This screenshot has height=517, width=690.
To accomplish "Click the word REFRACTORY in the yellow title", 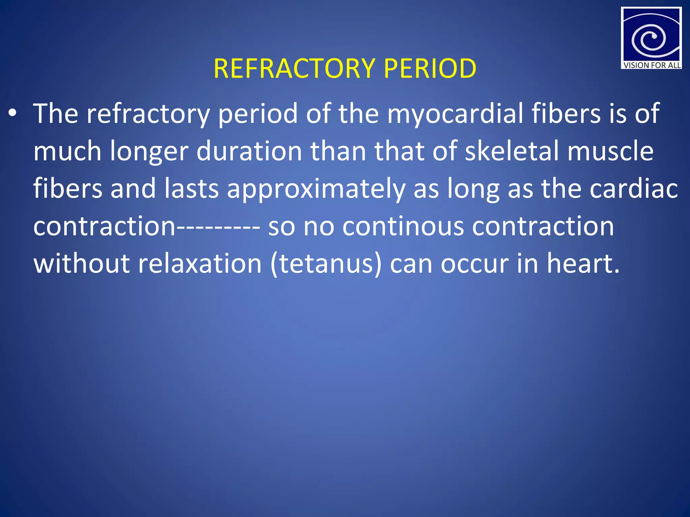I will (294, 69).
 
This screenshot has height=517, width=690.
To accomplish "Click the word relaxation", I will (200, 264).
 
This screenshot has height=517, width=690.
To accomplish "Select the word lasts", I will (191, 188).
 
